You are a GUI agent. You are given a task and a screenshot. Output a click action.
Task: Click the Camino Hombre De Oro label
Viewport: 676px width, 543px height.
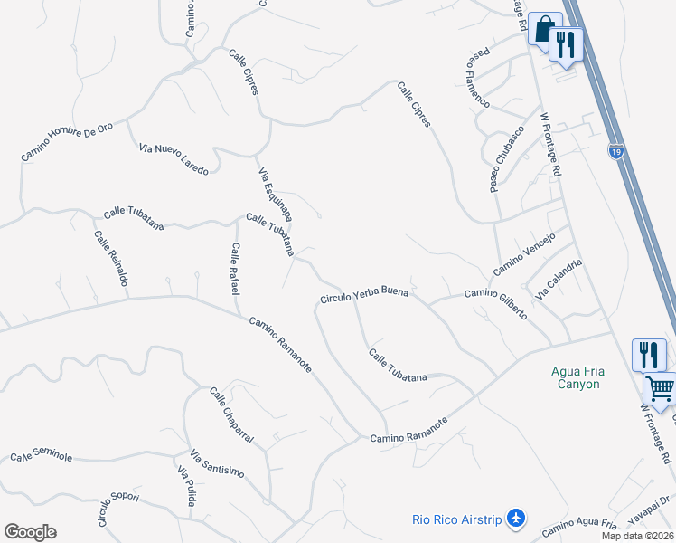(67, 142)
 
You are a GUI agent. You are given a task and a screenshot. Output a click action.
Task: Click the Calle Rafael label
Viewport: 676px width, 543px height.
(234, 269)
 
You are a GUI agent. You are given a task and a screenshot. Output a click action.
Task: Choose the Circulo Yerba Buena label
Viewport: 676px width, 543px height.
(363, 296)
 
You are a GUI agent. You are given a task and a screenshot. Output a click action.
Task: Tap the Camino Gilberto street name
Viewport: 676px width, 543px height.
(495, 303)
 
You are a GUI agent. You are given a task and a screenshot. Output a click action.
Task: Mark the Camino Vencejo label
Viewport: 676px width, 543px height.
(523, 255)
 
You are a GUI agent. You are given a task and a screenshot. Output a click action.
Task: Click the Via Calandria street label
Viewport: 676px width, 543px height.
(559, 281)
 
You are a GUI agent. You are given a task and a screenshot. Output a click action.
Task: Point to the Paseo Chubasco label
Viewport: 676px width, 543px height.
(507, 159)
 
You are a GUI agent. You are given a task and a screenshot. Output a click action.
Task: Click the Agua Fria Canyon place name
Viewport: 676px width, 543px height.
(576, 377)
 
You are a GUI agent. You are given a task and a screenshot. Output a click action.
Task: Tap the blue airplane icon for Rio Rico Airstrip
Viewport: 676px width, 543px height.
(516, 519)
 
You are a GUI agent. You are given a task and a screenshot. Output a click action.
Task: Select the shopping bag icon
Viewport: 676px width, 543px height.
(542, 29)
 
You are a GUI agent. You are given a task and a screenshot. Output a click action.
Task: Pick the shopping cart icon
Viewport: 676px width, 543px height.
(659, 389)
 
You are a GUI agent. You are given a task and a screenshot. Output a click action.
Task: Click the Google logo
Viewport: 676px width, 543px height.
(30, 532)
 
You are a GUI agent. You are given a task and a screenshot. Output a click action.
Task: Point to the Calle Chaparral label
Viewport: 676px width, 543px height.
(231, 415)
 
